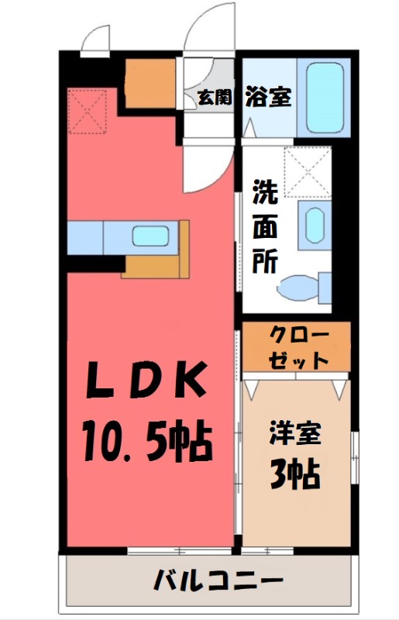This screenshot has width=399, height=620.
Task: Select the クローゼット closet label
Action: (x=298, y=347)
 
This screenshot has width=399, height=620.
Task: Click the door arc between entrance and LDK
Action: (x=205, y=167)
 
